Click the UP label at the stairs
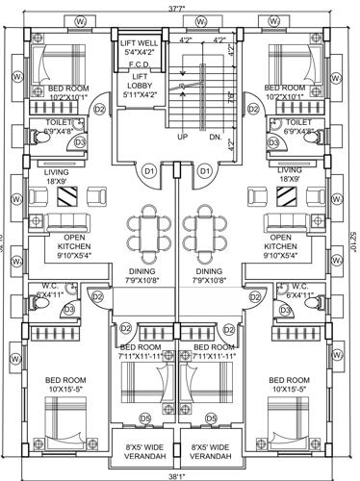pos(183,138)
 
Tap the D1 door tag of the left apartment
pos(149,171)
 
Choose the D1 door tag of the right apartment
pos(204,171)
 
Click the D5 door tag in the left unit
pos(144,418)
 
